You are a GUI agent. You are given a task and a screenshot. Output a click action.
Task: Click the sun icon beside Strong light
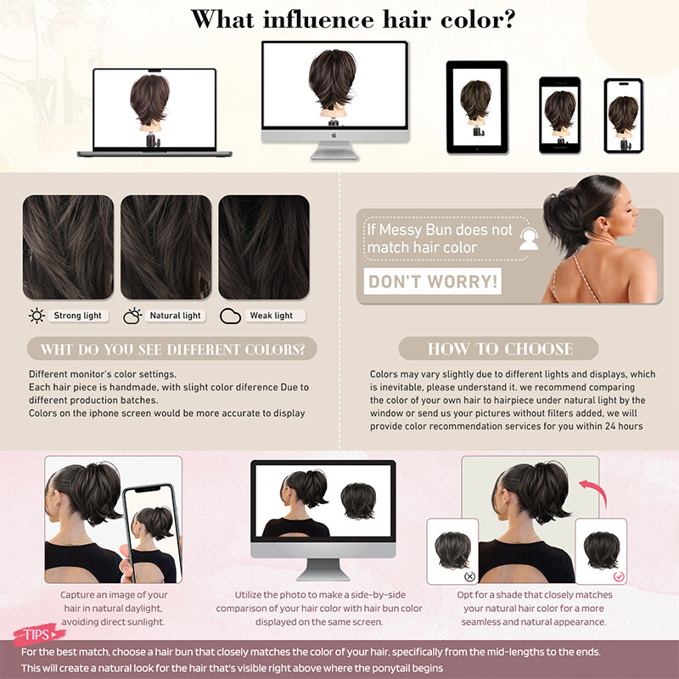pos(36,316)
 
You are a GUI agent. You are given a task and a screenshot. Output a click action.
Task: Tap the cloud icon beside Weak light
pos(230,316)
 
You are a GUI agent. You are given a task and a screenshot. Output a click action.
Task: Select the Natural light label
pos(175,316)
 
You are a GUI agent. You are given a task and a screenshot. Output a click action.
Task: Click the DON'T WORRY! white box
pos(432,281)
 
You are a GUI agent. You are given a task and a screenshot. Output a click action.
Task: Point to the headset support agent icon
pos(529,238)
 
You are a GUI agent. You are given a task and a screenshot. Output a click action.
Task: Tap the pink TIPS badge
pos(38,634)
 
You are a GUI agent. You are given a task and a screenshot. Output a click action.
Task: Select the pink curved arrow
pos(594,492)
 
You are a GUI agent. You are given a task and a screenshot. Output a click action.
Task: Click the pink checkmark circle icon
pos(619,576)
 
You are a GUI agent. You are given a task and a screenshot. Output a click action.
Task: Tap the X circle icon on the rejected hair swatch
pos(469,576)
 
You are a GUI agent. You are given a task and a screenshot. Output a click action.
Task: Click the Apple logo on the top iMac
pos(334,136)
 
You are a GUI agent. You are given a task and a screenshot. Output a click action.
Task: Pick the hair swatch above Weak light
pos(264,247)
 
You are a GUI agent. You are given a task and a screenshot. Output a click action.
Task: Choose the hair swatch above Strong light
pos(68,247)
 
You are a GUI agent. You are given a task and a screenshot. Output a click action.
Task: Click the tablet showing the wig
pos(477,108)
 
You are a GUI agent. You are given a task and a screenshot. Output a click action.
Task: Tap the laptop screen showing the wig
pos(154,109)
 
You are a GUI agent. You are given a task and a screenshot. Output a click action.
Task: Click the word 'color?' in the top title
pos(478,20)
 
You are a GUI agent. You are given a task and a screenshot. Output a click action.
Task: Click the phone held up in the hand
pos(150,533)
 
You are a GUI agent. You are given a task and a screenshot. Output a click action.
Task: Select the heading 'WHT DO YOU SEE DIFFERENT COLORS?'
pos(172,349)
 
